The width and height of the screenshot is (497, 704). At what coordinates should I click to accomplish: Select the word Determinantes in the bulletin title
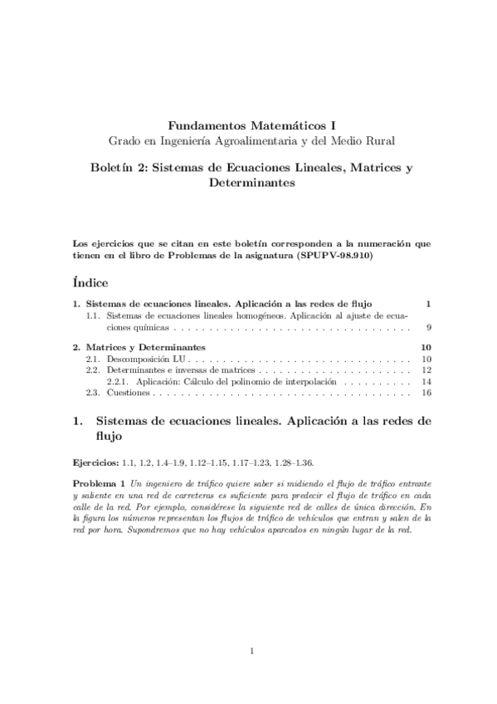(248, 183)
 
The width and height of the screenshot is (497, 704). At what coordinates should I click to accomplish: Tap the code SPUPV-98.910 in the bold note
(338, 257)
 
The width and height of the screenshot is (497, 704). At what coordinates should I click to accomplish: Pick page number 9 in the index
(428, 328)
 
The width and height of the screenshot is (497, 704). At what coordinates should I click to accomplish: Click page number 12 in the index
(426, 370)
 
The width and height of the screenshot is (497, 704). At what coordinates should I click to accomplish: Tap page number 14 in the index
(426, 382)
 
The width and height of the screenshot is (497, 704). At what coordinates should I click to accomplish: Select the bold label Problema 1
(99, 483)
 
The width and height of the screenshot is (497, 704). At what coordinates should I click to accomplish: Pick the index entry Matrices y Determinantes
(146, 346)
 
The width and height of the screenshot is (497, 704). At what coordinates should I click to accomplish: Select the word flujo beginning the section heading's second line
(110, 434)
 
